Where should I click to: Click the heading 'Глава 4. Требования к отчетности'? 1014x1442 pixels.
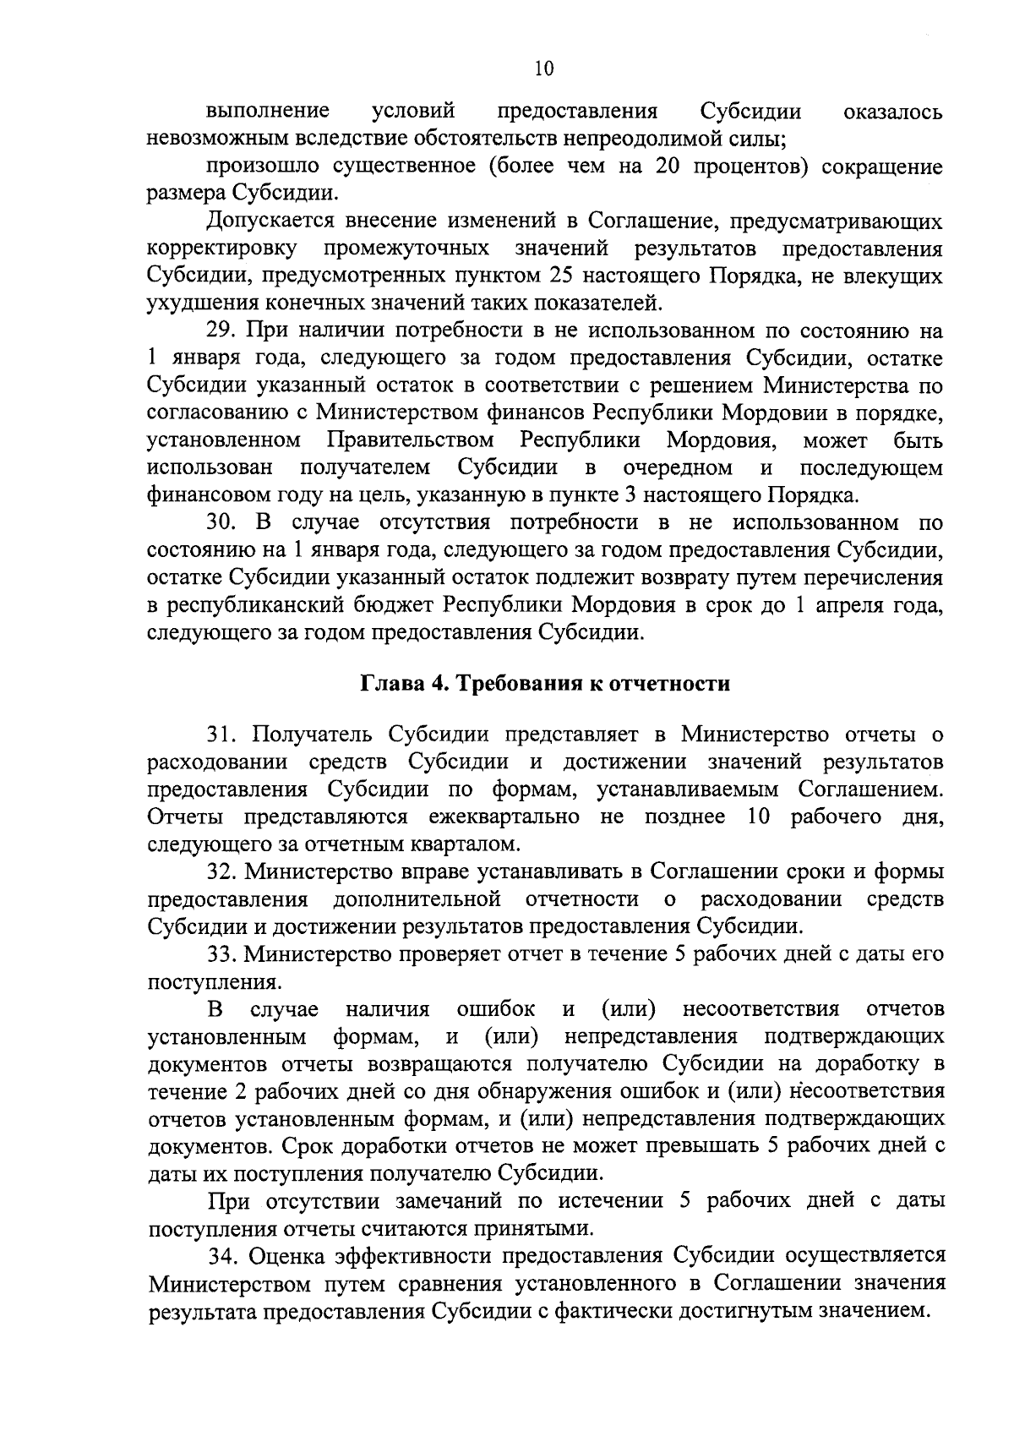pyautogui.click(x=545, y=684)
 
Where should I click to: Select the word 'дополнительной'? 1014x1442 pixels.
pyautogui.click(x=417, y=898)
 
